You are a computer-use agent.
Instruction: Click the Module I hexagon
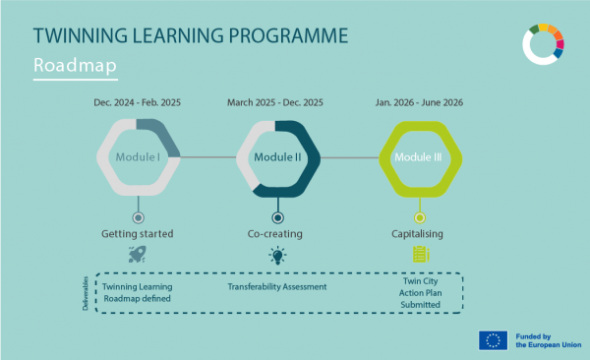138,156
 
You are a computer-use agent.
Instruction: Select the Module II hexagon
278,156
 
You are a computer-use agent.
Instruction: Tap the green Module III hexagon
420,156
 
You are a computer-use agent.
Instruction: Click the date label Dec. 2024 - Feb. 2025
138,102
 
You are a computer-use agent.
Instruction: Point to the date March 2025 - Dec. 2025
278,102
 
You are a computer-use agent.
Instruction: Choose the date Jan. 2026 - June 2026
420,102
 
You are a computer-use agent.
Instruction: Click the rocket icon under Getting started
137,255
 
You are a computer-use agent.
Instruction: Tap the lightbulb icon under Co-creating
278,255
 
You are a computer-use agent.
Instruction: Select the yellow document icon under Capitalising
420,255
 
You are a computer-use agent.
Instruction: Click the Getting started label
138,234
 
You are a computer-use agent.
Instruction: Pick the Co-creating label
278,234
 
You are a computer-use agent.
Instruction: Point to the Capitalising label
420,234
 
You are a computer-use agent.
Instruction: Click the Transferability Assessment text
277,286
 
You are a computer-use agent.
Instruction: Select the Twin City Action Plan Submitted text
420,293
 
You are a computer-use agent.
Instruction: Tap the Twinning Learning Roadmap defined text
137,292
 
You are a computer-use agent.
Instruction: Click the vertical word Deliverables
86,293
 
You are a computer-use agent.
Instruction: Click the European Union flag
493,340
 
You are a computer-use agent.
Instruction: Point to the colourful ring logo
543,44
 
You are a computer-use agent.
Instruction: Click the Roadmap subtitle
75,66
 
